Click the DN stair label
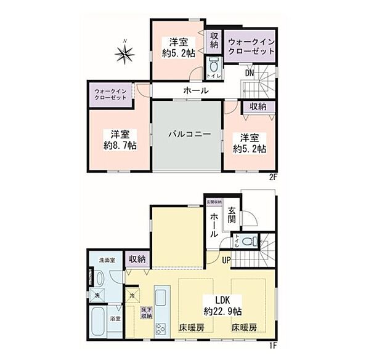250,73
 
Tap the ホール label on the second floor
195,91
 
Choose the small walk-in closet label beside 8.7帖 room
111,95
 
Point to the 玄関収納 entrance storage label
213,202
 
